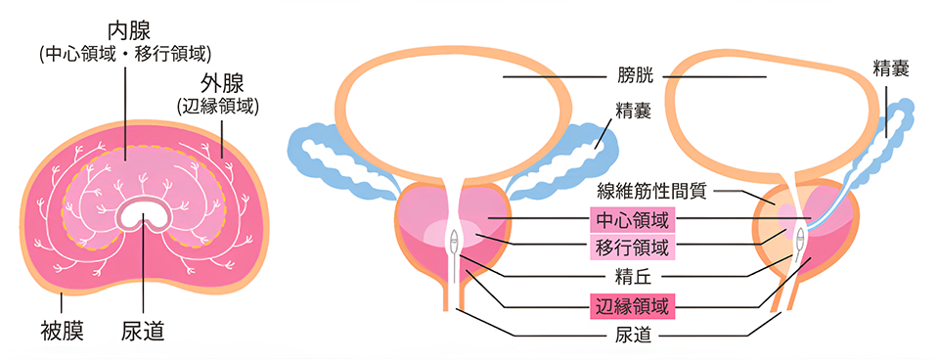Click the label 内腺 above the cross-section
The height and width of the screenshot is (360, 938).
[124, 27]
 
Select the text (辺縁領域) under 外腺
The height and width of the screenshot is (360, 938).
[219, 106]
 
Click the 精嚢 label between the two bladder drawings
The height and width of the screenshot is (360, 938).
[633, 110]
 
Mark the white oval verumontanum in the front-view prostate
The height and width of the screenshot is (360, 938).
[453, 239]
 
